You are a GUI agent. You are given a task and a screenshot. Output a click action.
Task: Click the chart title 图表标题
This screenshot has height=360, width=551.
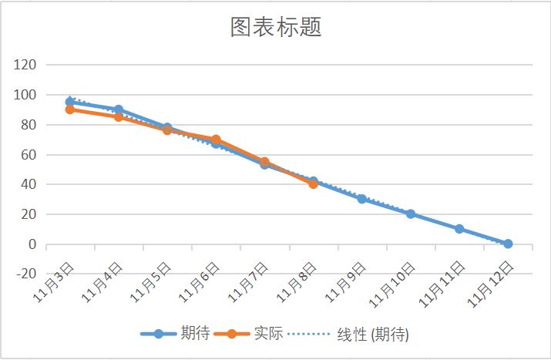tap(275, 28)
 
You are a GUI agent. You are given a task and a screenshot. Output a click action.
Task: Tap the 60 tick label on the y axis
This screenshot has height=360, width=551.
tap(29, 155)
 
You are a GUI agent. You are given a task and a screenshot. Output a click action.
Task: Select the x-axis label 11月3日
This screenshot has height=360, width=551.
tap(55, 282)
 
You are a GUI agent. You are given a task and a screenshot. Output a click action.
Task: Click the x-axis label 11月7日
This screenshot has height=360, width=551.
tap(250, 282)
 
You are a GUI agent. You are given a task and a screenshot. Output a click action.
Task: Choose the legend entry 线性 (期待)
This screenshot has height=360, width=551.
tap(373, 334)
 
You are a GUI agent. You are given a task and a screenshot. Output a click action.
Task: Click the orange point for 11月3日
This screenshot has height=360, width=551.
tap(70, 109)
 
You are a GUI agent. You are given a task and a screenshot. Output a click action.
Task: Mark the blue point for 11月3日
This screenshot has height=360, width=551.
tap(70, 102)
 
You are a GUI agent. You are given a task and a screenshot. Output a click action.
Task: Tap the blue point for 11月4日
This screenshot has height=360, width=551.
tap(119, 109)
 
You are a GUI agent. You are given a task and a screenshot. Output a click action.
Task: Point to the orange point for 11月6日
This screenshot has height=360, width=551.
tap(216, 140)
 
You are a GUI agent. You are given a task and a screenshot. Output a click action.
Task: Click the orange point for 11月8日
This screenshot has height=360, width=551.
tap(313, 183)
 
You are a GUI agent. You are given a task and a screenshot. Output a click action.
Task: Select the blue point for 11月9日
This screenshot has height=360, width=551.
tap(361, 199)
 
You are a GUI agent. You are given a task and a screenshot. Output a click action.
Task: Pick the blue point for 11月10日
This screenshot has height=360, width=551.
tap(411, 214)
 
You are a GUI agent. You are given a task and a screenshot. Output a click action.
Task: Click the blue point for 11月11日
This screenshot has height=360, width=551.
tap(459, 229)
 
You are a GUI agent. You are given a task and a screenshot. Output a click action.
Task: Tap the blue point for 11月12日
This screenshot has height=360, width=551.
tap(508, 244)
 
